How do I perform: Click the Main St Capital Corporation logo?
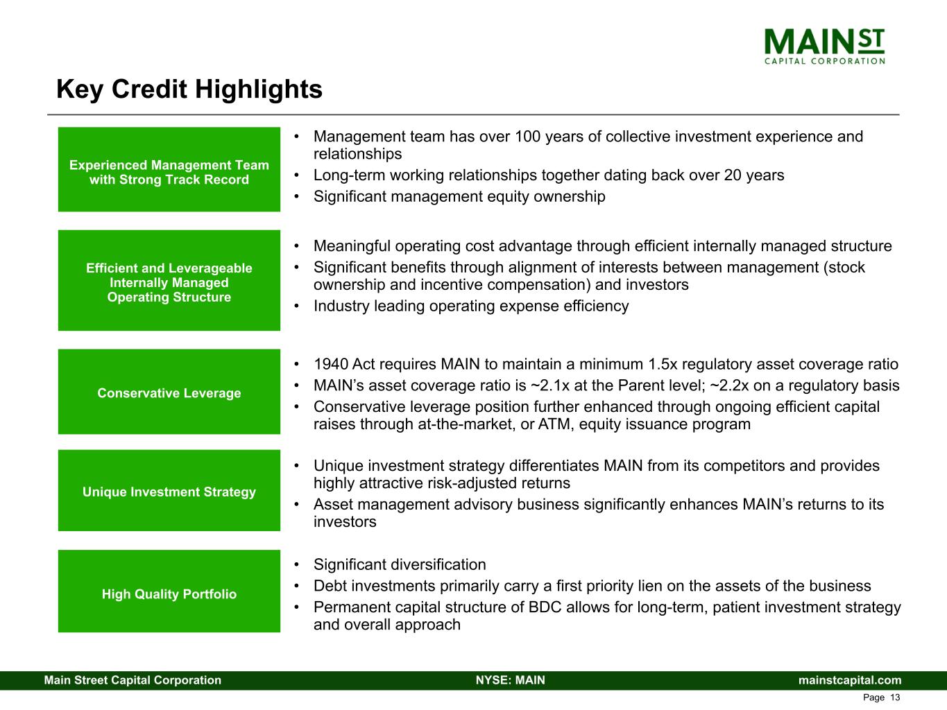coord(824,46)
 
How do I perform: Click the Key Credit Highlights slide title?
coord(189,89)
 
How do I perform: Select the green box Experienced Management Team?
coord(169,169)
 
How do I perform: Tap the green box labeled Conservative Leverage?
coord(169,392)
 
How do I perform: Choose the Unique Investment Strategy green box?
coord(169,491)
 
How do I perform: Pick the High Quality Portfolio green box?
coord(169,591)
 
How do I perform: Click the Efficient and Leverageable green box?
coord(169,280)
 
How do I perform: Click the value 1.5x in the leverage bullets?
coord(663,364)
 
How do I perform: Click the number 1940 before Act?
coord(330,364)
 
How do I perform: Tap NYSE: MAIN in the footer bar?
coord(511,679)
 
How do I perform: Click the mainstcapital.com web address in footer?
coord(850,679)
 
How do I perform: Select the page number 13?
coord(895,698)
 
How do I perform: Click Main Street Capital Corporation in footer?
coord(133,679)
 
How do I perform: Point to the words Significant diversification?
coord(400,564)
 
